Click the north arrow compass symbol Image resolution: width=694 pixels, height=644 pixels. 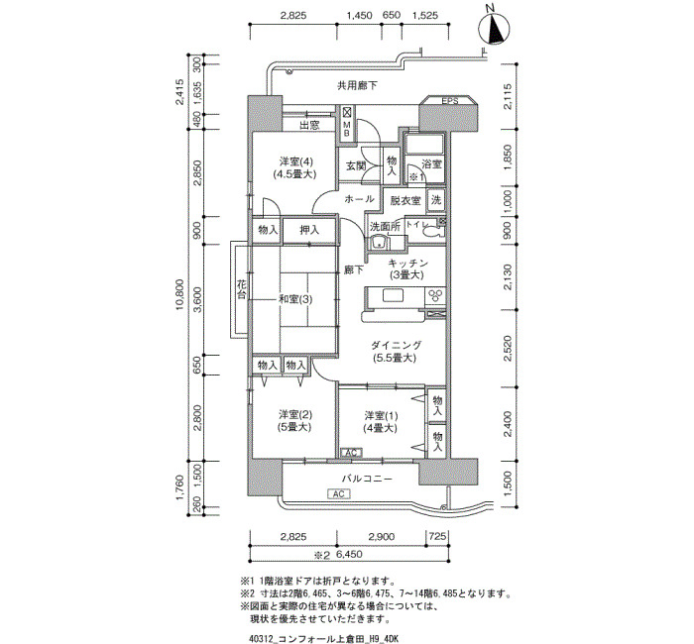494,29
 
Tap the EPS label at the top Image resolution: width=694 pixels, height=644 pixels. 450,101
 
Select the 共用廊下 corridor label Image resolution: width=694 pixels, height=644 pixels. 357,85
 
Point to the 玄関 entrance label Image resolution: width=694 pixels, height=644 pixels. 356,166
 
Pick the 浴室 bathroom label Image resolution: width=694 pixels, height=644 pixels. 432,164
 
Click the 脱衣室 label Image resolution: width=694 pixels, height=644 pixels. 405,200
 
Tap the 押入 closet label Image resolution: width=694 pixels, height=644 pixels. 309,230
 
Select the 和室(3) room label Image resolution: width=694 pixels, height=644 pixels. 295,299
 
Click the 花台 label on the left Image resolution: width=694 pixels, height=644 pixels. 241,289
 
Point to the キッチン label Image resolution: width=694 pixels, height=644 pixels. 407,264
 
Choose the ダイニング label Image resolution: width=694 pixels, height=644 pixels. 397,345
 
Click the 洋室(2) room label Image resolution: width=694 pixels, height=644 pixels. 295,415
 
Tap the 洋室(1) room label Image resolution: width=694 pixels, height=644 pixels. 381,416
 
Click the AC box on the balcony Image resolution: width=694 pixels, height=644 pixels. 339,493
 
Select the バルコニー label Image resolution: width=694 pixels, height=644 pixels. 367,479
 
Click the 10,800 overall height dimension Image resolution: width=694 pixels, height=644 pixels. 179,294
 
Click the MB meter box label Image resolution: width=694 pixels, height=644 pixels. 347,129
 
